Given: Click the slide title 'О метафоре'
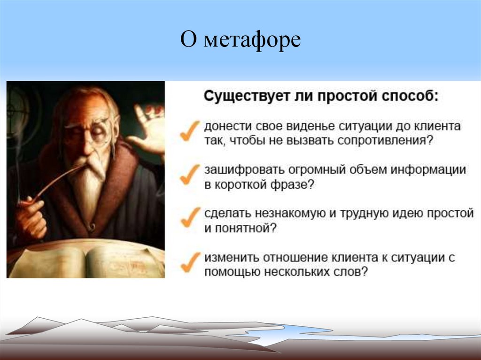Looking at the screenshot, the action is (x=240, y=40).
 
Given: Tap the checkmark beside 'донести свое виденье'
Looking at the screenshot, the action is (x=190, y=131).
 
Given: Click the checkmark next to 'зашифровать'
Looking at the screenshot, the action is (x=190, y=175).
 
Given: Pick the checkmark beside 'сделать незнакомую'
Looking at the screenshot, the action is (x=190, y=217).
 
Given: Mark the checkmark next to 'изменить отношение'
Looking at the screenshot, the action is (x=190, y=262).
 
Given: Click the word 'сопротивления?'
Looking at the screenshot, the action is (x=385, y=141).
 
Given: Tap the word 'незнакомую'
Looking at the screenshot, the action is (x=290, y=213).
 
